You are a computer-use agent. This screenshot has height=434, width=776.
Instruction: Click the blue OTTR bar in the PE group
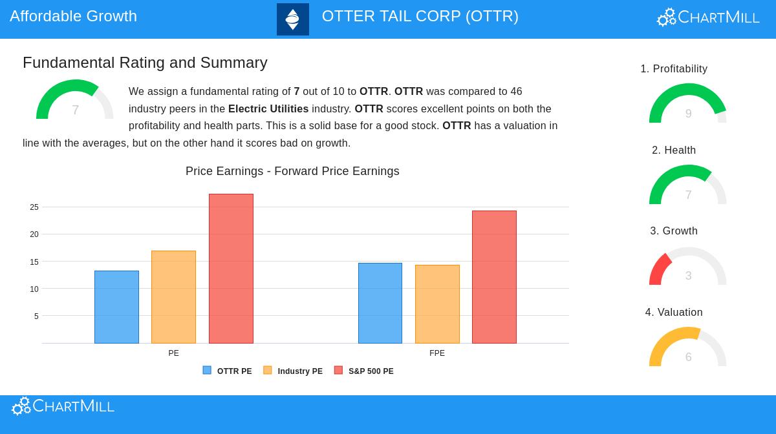point(116,307)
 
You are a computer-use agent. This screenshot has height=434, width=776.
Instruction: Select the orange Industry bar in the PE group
point(173,297)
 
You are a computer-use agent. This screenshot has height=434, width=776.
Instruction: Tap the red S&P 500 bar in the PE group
point(231,269)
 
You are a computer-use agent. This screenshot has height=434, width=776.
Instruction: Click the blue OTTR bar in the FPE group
point(380,303)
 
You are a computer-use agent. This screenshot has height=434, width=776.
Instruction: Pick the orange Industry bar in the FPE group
point(437,304)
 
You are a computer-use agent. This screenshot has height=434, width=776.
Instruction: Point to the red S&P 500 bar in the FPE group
point(494,277)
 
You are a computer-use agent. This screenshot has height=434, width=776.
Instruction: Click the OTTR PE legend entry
point(228,371)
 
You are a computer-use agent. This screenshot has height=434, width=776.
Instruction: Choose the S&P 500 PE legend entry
point(364,371)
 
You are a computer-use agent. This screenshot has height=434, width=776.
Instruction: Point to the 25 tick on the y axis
point(34,207)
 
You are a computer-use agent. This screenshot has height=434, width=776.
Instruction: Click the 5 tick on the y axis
point(36,316)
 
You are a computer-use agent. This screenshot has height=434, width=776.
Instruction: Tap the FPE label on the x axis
point(437,353)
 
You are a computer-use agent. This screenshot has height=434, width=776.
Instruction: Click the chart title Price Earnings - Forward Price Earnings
point(292,171)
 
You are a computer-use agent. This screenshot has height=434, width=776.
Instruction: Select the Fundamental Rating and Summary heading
point(145,63)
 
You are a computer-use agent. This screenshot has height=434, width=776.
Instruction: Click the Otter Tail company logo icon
point(293,19)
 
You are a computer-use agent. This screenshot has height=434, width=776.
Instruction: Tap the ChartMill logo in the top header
point(708,17)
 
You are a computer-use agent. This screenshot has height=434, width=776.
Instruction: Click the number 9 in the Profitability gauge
point(688,114)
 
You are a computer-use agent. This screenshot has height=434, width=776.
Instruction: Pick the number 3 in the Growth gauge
point(688,276)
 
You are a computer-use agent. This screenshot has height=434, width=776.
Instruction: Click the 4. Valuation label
point(674,313)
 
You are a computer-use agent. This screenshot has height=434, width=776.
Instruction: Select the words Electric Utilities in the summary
point(268,108)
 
